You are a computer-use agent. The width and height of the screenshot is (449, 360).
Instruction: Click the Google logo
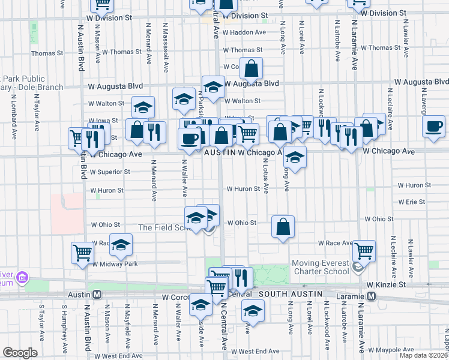20,353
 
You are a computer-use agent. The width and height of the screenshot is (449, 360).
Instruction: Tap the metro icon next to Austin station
97,295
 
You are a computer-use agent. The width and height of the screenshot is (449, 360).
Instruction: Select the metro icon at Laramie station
372,296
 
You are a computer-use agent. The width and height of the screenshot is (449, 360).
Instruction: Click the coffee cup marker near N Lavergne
433,127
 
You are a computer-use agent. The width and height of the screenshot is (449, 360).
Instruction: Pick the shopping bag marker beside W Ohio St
283,227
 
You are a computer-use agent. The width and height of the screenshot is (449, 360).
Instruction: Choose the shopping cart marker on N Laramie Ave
364,250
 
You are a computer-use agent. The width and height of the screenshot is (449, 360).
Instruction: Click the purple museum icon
23,277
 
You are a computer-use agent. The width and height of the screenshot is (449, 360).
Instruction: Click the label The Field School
163,227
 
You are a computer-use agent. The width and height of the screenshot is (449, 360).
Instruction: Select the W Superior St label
110,172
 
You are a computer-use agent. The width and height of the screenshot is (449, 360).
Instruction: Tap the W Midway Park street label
114,264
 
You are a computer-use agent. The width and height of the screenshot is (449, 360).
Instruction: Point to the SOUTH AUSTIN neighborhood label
290,293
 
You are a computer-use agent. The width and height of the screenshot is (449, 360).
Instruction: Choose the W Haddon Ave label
245,32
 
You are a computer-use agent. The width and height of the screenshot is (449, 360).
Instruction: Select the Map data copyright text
423,355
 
